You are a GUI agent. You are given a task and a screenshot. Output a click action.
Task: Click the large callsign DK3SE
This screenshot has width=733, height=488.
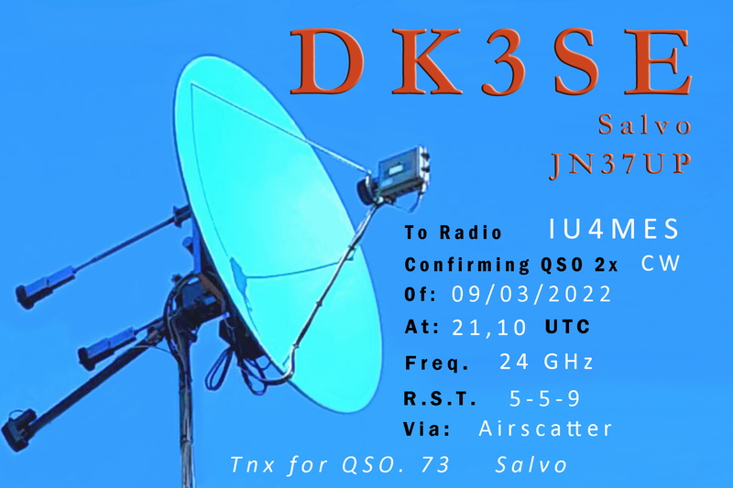click(x=491, y=61)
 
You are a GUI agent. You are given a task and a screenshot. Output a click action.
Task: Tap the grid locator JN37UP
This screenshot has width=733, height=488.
click(x=620, y=165)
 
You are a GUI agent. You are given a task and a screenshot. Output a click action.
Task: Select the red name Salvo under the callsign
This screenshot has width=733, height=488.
click(x=645, y=125)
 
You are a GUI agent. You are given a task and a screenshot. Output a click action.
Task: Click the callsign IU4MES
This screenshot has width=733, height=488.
click(x=614, y=229)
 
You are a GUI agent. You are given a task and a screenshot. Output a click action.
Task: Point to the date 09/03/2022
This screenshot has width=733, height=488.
click(x=531, y=294)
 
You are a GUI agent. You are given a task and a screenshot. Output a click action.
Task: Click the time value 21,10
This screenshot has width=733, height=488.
click(x=489, y=328)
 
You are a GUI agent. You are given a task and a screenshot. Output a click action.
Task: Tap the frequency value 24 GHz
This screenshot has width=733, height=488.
click(x=546, y=362)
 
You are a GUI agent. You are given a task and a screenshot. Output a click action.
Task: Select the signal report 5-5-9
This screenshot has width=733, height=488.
click(x=544, y=398)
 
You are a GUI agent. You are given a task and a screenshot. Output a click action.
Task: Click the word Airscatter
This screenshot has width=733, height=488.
click(x=545, y=428)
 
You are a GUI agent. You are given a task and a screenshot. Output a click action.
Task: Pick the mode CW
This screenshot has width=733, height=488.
click(x=661, y=264)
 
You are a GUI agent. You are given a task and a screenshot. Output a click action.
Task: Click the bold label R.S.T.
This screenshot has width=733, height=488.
click(x=440, y=399)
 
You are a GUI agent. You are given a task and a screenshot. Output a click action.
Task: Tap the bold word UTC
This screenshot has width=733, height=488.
click(x=567, y=327)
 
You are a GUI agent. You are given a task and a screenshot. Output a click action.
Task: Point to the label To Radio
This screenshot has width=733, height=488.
click(x=453, y=232)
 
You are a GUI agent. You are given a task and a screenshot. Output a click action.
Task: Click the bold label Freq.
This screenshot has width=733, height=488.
click(x=436, y=363)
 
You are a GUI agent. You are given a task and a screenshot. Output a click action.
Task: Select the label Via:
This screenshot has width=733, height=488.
click(x=427, y=428)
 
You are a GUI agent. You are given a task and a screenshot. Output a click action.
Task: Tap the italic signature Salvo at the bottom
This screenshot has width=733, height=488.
click(x=531, y=464)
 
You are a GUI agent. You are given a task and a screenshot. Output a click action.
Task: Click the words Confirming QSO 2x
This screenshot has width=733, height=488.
click(x=511, y=265)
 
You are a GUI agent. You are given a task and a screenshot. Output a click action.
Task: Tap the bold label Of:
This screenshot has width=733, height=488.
click(x=420, y=295)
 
